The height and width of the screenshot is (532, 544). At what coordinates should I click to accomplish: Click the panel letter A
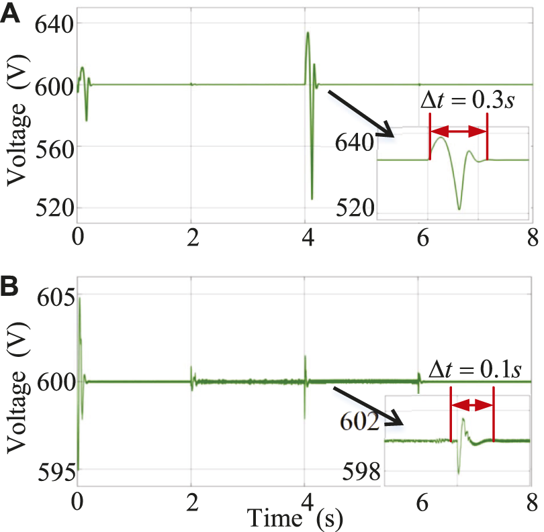tap(11, 15)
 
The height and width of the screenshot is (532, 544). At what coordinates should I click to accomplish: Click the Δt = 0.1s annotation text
tap(474, 370)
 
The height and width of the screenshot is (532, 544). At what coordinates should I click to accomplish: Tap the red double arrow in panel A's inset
tap(459, 133)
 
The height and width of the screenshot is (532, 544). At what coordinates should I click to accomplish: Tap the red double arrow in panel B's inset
tap(472, 405)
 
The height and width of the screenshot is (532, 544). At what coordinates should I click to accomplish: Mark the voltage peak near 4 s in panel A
tap(308, 32)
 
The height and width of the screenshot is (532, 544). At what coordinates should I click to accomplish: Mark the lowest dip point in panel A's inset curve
tap(459, 209)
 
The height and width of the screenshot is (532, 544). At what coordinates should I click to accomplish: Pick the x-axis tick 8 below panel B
tap(532, 502)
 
